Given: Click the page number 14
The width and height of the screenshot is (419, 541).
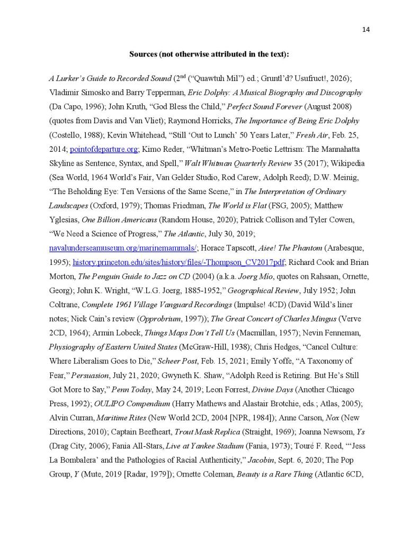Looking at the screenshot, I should point(365,30).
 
